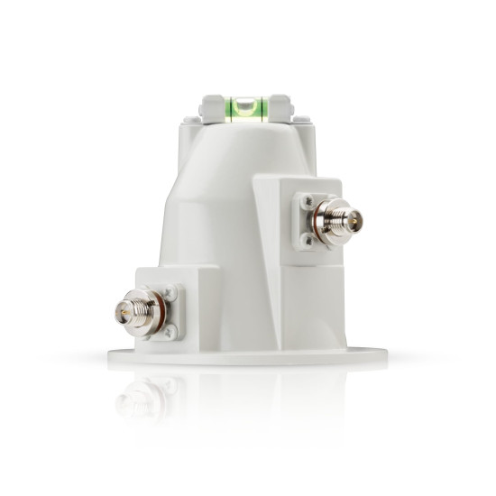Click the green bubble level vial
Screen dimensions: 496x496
click(245, 109)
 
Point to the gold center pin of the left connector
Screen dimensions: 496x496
click(120, 312)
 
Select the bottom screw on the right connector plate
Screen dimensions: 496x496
click(308, 240)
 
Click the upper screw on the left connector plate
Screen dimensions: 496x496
click(170, 292)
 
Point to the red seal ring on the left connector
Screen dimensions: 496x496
click(160, 311)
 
